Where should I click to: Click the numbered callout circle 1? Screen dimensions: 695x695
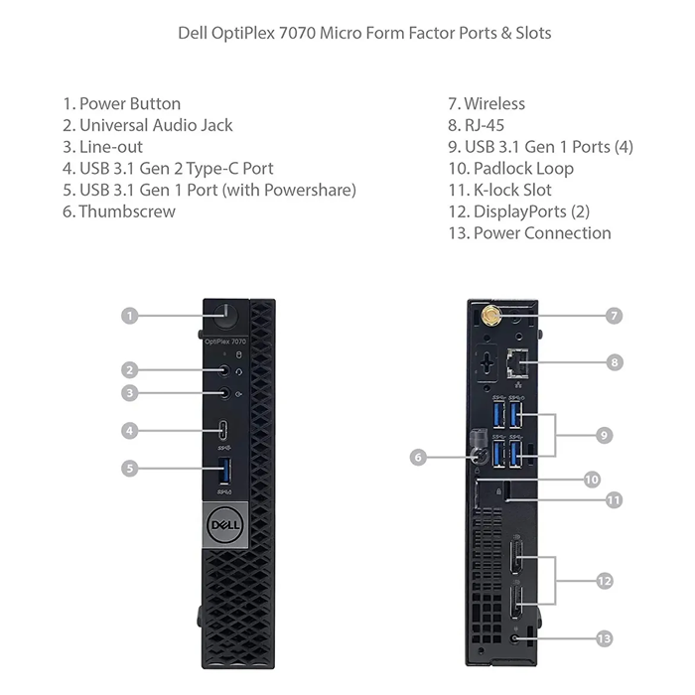129,316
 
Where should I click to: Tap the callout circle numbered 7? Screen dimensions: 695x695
615,316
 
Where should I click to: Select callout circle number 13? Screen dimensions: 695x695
604,638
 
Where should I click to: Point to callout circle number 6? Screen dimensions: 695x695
418,457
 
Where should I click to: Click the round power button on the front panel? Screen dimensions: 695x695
226,315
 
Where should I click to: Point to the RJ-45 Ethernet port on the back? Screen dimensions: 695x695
517,363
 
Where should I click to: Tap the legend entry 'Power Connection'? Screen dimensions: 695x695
530,233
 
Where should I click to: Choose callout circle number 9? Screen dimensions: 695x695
604,435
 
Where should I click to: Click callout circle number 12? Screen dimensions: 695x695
604,581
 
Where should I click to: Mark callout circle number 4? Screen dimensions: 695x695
129,431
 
